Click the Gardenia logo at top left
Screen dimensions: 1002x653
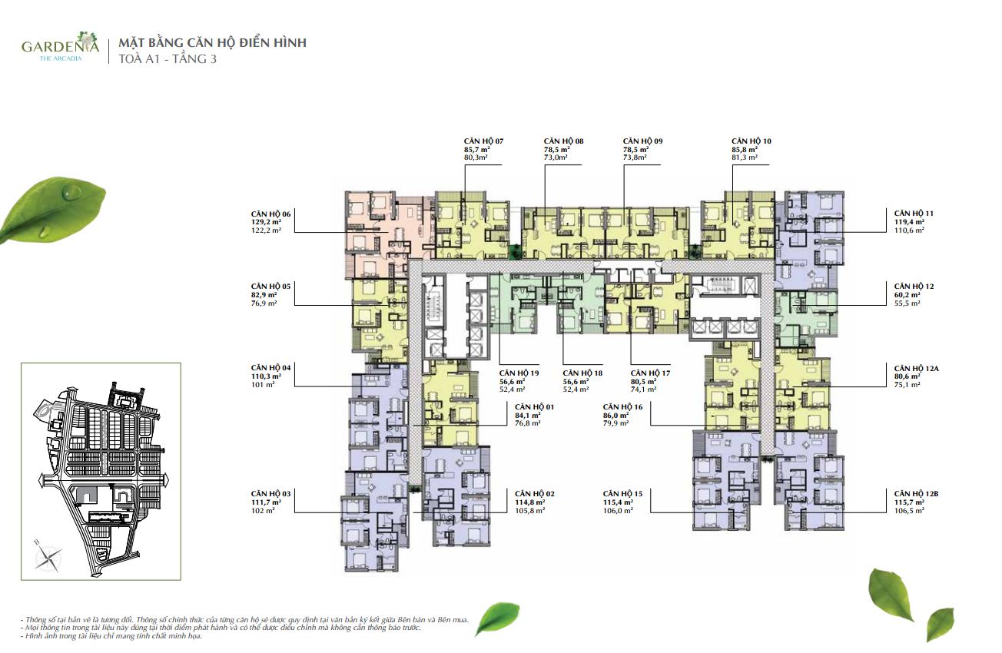(x=61, y=47)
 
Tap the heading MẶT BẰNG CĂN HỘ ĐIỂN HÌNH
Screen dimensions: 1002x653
(x=212, y=43)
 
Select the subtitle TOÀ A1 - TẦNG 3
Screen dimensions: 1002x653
(x=168, y=59)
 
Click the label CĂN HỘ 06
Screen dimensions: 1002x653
(x=270, y=214)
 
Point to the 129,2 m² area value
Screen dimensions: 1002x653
(x=266, y=222)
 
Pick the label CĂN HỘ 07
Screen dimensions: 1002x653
(x=483, y=141)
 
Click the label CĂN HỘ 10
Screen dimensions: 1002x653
(x=751, y=141)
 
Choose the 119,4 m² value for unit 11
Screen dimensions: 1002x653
(x=909, y=222)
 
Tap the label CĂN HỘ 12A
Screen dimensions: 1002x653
(x=917, y=369)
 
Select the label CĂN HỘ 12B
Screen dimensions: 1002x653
(x=916, y=494)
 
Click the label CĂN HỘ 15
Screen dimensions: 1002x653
(x=622, y=494)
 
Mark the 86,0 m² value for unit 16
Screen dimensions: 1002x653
(x=616, y=415)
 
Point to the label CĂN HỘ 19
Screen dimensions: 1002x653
(x=519, y=373)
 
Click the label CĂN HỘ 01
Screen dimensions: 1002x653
(x=535, y=407)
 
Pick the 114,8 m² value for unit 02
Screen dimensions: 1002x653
(x=530, y=502)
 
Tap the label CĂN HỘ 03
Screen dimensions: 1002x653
(x=270, y=494)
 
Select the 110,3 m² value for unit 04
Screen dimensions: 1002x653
(x=266, y=376)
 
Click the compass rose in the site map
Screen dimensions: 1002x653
(x=48, y=557)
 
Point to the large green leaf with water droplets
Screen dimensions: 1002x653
(x=53, y=210)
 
